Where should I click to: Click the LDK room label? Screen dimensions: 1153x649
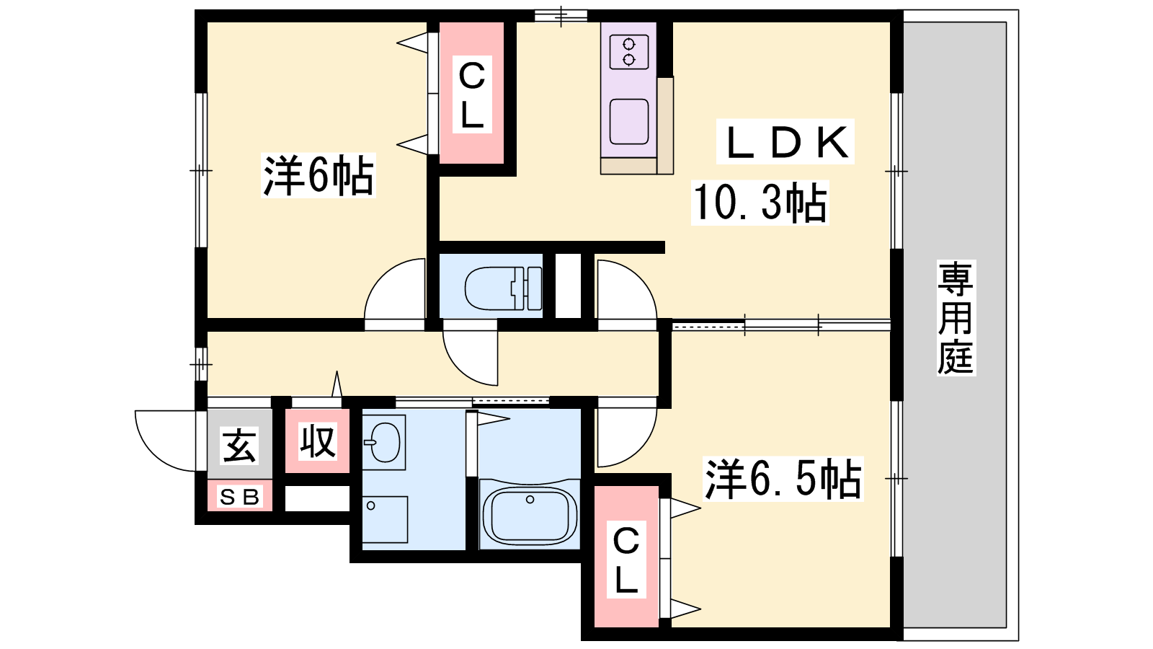point(786,142)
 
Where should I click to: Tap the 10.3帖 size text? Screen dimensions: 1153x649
point(760,203)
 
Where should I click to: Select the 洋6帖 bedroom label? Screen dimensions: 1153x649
point(318,175)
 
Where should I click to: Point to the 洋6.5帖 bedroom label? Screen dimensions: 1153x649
point(783,479)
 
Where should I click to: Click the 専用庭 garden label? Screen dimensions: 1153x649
point(956,317)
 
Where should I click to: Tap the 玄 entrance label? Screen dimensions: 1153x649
point(239,445)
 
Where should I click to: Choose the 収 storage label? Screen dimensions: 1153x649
point(318,441)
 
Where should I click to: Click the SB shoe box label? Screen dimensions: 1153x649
point(239,497)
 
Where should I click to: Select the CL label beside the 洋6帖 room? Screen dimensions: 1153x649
point(471,94)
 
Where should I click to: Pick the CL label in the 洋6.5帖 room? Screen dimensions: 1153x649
point(626,560)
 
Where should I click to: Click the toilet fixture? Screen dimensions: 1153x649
point(503,288)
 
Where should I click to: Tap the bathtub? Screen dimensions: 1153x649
point(530,515)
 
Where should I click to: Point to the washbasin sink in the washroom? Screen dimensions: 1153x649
point(383,442)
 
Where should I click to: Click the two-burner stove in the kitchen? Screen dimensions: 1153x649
point(629,52)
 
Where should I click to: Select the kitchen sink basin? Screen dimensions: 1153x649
point(629,122)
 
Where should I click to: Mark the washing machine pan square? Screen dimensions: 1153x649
point(385,519)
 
